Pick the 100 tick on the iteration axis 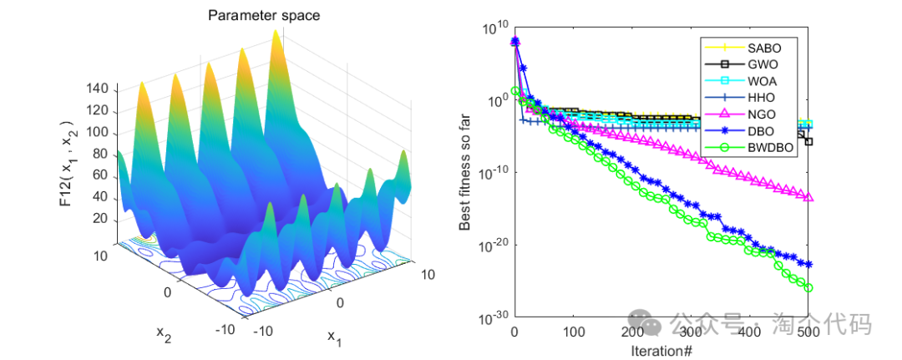[573, 332]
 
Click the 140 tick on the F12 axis [98, 89]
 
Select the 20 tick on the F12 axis [101, 219]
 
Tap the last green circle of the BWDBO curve [808, 287]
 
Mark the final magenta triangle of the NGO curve [808, 197]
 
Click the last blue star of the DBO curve [808, 264]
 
